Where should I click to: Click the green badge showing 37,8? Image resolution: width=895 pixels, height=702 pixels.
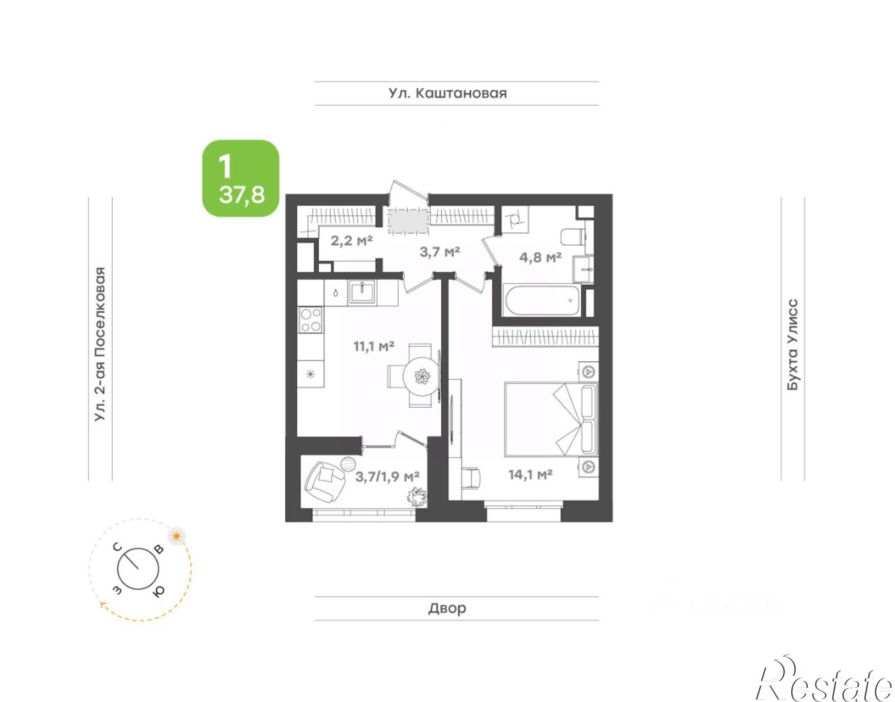(x=241, y=179)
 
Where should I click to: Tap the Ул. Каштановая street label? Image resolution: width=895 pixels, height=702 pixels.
(x=447, y=94)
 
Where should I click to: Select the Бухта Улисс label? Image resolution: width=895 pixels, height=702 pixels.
(x=792, y=345)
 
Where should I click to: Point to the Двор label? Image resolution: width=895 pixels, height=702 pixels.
(x=447, y=608)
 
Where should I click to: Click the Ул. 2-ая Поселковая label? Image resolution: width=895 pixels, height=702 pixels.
(x=100, y=345)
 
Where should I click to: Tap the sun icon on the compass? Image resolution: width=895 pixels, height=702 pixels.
(x=177, y=536)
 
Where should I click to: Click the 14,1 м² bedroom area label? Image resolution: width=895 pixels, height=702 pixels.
(x=530, y=474)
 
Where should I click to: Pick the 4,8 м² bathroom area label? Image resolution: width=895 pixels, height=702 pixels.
(x=540, y=257)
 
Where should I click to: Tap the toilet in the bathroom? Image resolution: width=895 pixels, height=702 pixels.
(x=573, y=236)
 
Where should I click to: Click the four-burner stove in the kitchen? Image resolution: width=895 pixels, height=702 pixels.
(x=311, y=319)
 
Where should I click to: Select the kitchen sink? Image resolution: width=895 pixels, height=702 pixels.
(x=363, y=293)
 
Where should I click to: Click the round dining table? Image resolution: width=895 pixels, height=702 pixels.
(x=422, y=376)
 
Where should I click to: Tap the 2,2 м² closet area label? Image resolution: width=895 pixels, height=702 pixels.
(x=351, y=241)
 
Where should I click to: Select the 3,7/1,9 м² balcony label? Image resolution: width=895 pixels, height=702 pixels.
(x=387, y=476)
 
